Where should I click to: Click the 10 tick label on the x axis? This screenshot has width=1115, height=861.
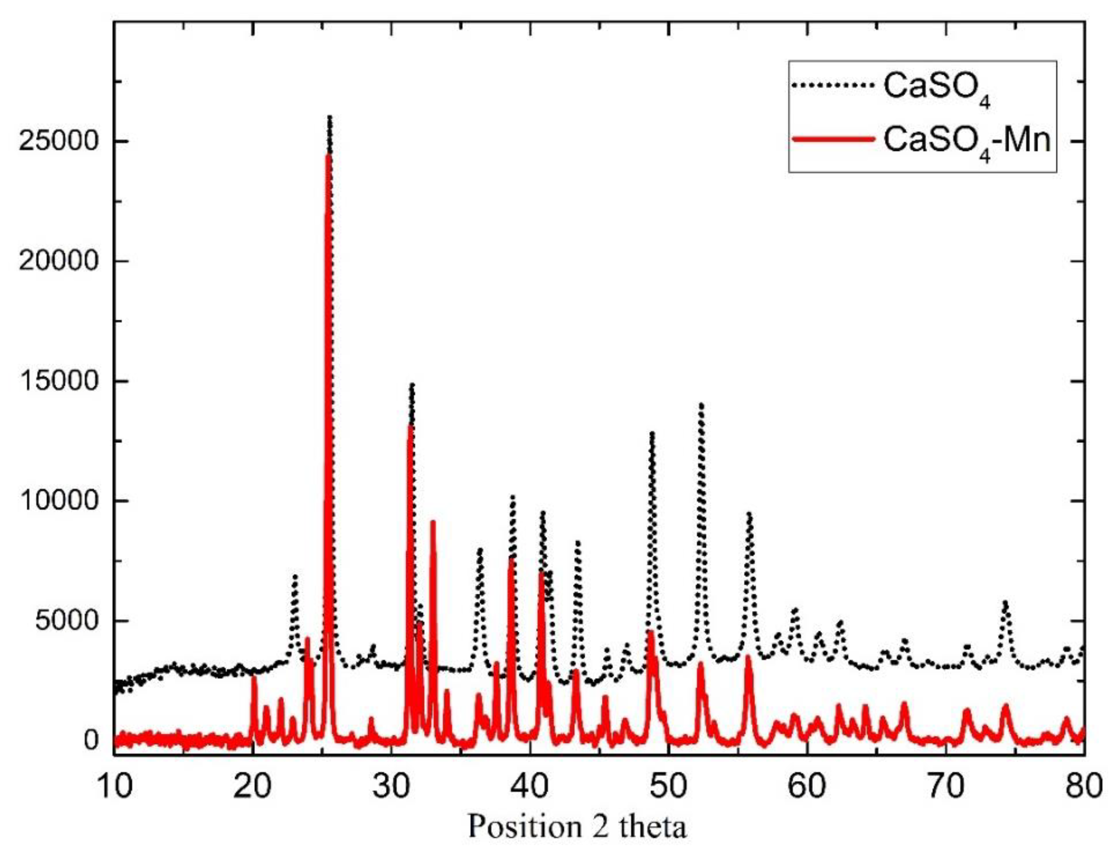click(x=113, y=786)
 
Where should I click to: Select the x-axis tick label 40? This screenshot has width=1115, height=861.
click(x=529, y=786)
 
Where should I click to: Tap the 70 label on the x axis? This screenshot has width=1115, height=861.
click(x=945, y=786)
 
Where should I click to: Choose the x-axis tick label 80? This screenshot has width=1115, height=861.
click(x=1083, y=786)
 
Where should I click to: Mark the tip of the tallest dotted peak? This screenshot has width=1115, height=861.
click(x=330, y=117)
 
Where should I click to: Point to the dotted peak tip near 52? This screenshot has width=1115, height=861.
click(x=701, y=404)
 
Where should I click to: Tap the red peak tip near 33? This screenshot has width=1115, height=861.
click(x=433, y=522)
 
